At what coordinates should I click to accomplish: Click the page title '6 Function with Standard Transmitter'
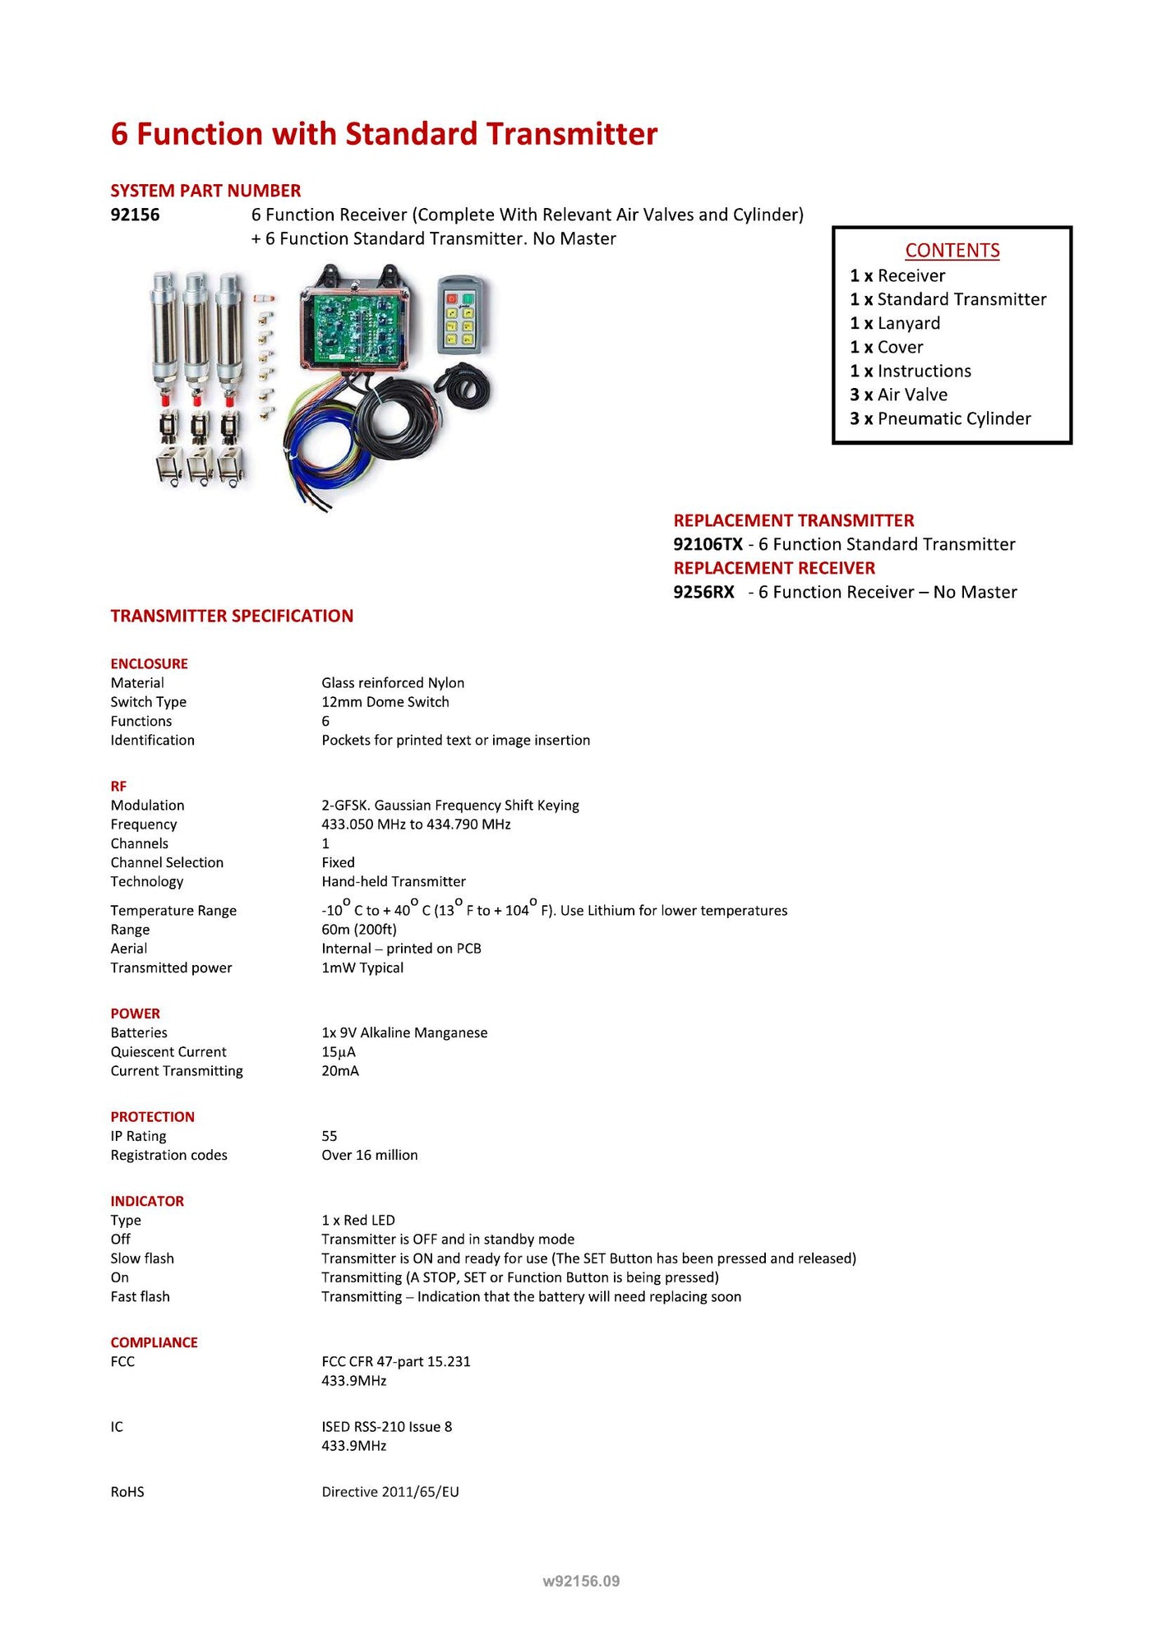[384, 134]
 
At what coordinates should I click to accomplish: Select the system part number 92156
[135, 215]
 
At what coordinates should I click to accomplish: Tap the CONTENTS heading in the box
[952, 251]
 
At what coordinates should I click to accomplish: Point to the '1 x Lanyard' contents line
[895, 324]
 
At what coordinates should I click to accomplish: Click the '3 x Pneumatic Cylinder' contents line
[940, 419]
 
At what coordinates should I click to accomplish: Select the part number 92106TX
[708, 545]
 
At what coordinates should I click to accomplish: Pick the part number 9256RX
[703, 593]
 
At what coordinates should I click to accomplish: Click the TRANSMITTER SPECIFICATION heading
[232, 616]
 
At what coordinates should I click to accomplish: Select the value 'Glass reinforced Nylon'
[393, 683]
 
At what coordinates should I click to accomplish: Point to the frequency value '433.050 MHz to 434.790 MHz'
[416, 824]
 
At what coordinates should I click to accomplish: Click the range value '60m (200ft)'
[359, 930]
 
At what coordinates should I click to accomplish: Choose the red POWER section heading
[136, 1014]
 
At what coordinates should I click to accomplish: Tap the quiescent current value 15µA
[339, 1052]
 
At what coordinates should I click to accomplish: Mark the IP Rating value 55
[330, 1137]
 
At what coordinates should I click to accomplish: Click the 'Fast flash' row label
[141, 1297]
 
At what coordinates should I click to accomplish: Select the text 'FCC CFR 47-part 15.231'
[396, 1362]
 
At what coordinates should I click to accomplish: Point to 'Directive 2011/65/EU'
[390, 1492]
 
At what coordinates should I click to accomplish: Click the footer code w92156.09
[581, 1582]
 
